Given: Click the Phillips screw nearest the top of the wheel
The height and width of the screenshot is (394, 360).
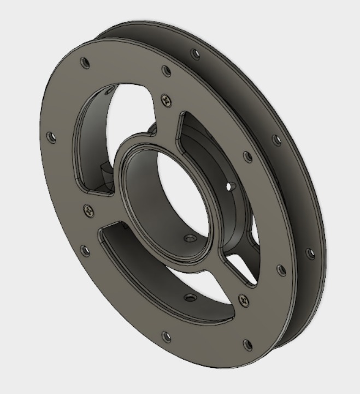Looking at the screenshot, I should [166, 99].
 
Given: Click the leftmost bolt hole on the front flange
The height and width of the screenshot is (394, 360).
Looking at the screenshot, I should [51, 137].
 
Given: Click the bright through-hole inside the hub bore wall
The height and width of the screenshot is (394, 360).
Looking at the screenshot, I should [229, 186].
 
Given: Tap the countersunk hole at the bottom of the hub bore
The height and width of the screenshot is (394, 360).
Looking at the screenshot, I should [190, 239].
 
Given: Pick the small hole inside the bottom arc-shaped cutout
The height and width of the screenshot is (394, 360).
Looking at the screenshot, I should [189, 298].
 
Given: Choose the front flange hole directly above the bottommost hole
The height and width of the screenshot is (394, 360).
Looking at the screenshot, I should [280, 270].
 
